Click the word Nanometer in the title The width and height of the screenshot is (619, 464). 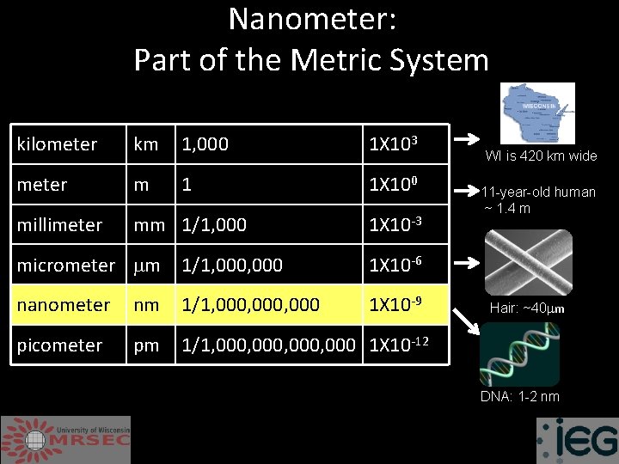(312, 20)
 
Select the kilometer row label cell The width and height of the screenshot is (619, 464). (58, 144)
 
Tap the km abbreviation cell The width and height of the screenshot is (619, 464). (146, 144)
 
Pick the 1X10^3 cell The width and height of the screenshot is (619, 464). (395, 143)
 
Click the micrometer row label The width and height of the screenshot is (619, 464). (65, 266)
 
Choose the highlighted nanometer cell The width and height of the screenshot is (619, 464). (64, 305)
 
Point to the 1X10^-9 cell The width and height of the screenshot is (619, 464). (395, 304)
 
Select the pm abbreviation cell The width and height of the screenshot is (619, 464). (146, 345)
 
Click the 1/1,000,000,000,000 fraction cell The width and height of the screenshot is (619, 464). (267, 345)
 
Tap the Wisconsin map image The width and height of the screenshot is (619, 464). (537, 113)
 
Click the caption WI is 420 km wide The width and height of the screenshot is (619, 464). (541, 156)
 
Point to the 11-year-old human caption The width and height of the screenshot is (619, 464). (538, 200)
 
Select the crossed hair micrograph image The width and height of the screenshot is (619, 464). (527, 261)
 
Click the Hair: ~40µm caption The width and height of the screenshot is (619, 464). (527, 308)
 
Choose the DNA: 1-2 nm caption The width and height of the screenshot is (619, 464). (520, 396)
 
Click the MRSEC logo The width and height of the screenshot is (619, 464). (66, 439)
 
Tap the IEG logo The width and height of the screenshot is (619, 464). (577, 441)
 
